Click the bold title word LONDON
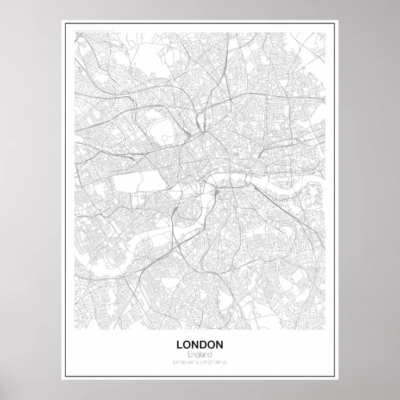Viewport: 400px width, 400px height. tap(199, 345)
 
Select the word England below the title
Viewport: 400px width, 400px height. tap(199, 354)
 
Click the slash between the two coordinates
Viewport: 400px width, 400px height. tap(201, 362)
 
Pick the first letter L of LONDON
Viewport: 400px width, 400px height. tap(179, 345)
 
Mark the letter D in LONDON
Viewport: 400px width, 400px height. tap(204, 345)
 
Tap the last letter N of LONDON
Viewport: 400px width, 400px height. tap(219, 345)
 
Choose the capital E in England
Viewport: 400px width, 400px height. tap(188, 354)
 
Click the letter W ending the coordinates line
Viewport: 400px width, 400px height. tap(225, 362)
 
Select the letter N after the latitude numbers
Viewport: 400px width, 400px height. tap(197, 362)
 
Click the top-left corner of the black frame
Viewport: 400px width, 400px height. tap(65, 24)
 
